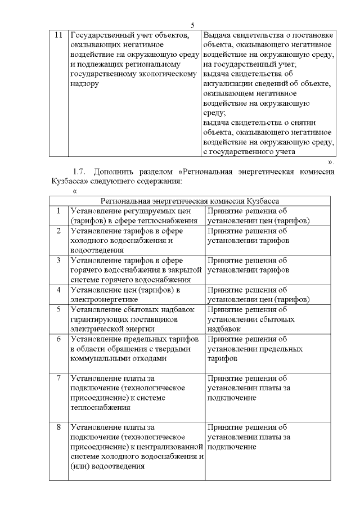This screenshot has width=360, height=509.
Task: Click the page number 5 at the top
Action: [192, 25]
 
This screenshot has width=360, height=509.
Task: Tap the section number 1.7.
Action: [82, 171]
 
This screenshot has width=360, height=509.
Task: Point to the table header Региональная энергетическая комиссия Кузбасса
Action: [190, 200]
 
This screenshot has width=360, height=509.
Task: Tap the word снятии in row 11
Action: [304, 123]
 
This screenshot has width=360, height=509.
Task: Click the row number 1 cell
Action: [58, 211]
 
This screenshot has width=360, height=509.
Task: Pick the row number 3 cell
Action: [58, 260]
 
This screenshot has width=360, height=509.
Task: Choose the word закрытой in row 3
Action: [184, 270]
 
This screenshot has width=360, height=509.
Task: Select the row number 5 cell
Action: [58, 309]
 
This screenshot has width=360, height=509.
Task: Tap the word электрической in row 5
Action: [97, 328]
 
